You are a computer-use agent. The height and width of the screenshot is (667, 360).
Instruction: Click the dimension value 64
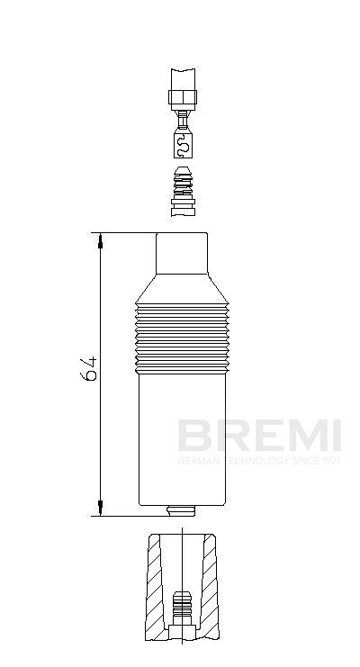(89, 368)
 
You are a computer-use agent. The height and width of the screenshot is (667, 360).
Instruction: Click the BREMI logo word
(259, 437)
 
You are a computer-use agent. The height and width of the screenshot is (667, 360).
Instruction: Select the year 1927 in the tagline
(329, 460)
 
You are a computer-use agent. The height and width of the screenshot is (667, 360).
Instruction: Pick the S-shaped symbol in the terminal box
(183, 144)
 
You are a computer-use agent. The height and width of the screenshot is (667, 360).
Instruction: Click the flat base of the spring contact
(182, 210)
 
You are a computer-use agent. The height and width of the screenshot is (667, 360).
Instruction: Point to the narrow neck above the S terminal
(183, 120)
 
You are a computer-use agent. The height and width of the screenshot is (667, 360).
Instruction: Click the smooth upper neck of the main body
(183, 254)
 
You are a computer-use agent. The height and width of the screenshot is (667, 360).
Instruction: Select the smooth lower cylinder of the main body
(182, 437)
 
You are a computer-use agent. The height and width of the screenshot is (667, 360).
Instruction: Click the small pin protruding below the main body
(183, 511)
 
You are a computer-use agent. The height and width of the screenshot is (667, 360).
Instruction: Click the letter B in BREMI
(191, 437)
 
